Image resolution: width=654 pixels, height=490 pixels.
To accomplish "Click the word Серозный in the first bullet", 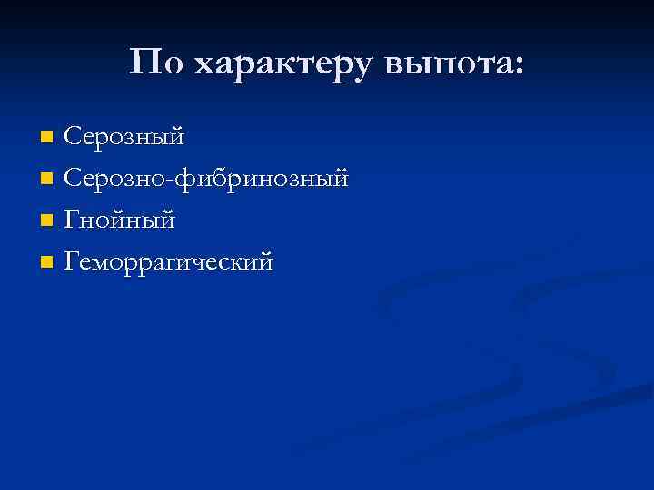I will click(x=124, y=137).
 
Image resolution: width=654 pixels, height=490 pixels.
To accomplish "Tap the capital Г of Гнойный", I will click(x=73, y=220).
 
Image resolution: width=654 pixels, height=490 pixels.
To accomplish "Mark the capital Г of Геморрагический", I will click(x=73, y=262).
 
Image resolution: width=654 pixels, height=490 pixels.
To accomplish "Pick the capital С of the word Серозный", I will click(x=74, y=137).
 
